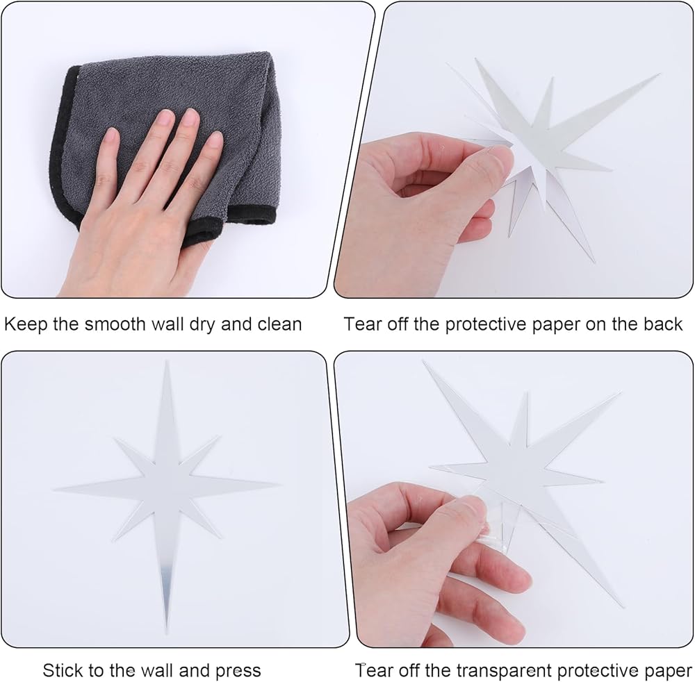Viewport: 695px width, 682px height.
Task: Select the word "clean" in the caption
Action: [x=279, y=324]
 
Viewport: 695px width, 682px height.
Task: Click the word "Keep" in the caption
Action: [x=26, y=325]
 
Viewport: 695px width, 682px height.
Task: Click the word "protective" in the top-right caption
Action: [x=487, y=325]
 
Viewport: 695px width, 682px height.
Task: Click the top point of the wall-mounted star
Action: [x=167, y=361]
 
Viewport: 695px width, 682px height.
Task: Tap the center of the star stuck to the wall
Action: [x=167, y=485]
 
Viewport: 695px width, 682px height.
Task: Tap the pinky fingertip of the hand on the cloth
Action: [x=215, y=140]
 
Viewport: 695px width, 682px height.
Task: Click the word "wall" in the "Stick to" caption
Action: [x=153, y=670]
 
